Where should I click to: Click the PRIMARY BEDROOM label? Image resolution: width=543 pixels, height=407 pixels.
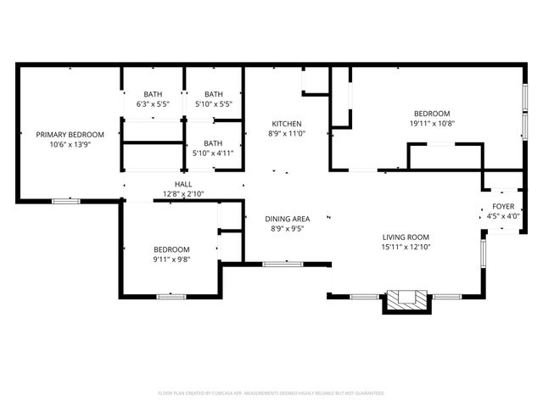pos(70,135)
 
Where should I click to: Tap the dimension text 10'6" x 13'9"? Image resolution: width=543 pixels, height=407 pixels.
pos(70,145)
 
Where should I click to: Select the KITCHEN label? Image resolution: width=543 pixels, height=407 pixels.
pos(286,123)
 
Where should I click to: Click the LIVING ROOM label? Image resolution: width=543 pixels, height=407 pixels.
pos(406,237)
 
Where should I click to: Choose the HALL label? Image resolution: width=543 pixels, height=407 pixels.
pos(183,184)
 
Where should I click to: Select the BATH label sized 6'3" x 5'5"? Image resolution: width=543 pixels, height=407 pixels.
pos(153,94)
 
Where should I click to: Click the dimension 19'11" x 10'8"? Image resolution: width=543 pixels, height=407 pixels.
pos(432,123)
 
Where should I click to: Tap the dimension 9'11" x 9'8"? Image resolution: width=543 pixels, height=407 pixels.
pos(171,259)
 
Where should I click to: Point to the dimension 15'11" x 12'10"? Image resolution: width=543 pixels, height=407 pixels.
pos(406,248)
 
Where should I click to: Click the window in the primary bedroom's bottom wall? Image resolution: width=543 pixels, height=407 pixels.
pos(66,201)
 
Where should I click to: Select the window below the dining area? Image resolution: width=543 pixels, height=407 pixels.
pos(283,265)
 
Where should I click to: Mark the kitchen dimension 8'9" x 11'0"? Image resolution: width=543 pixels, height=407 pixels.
pos(286,133)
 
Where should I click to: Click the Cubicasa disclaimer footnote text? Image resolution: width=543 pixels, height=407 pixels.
pos(271,393)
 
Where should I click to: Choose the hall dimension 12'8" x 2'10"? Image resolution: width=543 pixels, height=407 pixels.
pos(183,194)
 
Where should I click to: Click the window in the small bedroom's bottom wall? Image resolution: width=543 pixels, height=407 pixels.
pos(171,296)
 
